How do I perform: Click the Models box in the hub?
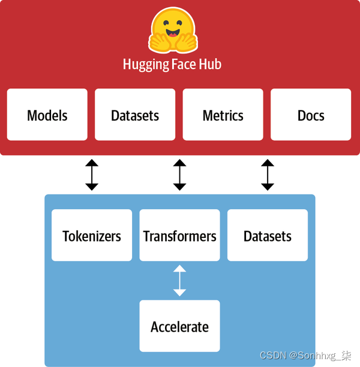[x=47, y=115]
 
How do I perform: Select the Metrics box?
[x=223, y=115]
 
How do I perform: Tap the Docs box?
[x=311, y=115]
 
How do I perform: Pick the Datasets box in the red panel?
[x=135, y=115]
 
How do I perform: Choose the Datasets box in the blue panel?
[x=268, y=235]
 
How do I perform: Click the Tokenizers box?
[x=92, y=235]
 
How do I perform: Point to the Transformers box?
[x=179, y=235]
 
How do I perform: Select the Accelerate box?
[x=179, y=326]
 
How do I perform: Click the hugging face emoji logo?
[x=173, y=31]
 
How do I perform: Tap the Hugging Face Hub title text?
[x=172, y=64]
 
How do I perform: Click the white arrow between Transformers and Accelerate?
[x=179, y=281]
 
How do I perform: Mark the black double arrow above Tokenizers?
[x=92, y=175]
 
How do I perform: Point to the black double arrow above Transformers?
[x=179, y=175]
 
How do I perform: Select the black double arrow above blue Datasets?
[x=268, y=175]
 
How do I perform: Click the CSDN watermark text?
[x=305, y=356]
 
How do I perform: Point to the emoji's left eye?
[x=164, y=22]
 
